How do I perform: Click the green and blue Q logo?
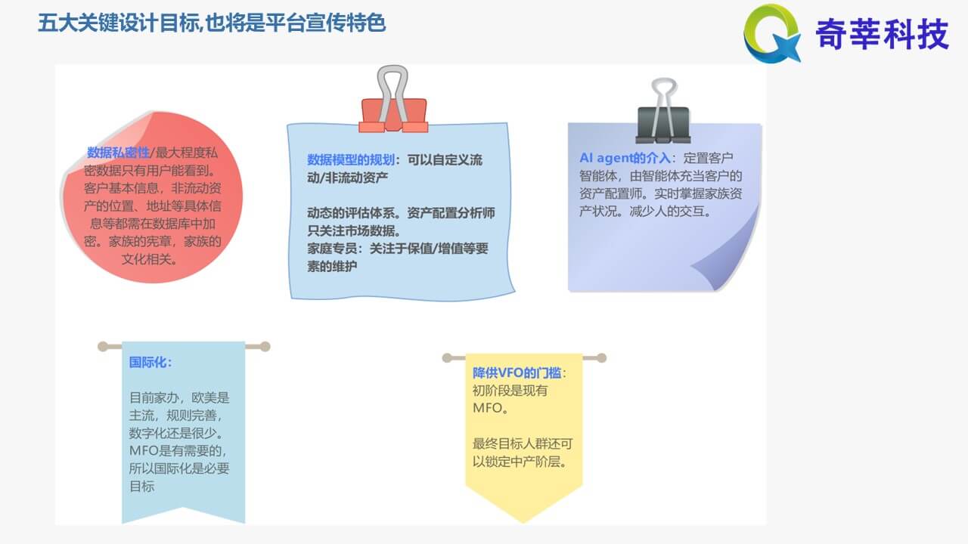coord(772,34)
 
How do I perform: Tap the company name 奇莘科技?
coord(882,34)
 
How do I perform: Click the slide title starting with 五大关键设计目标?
coord(212,23)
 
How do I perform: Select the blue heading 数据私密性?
coord(118,153)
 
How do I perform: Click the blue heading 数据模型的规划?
coord(350,160)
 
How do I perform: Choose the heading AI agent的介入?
coord(625,158)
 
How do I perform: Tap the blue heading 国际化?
coord(147,362)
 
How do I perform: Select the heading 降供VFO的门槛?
coord(517,373)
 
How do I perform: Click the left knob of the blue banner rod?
coord(103,346)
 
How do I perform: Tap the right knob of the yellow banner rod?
coord(601,358)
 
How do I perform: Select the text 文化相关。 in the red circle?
coord(149,259)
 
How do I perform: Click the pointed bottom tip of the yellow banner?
coord(523,522)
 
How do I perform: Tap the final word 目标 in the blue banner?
coord(141,487)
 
